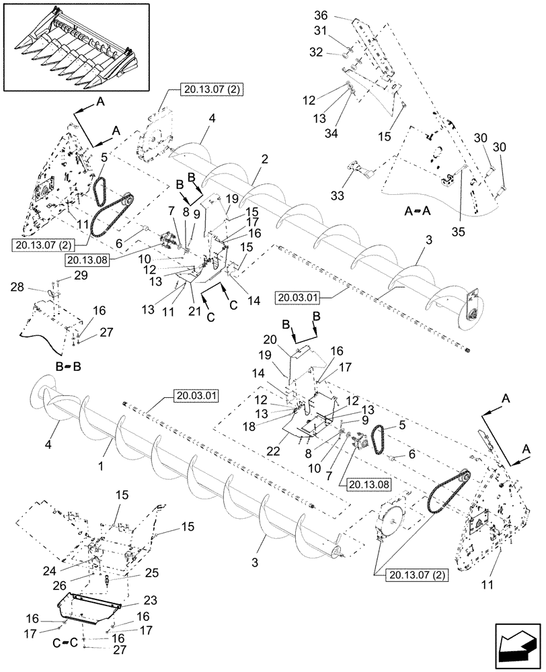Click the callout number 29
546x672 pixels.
pos(81,276)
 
